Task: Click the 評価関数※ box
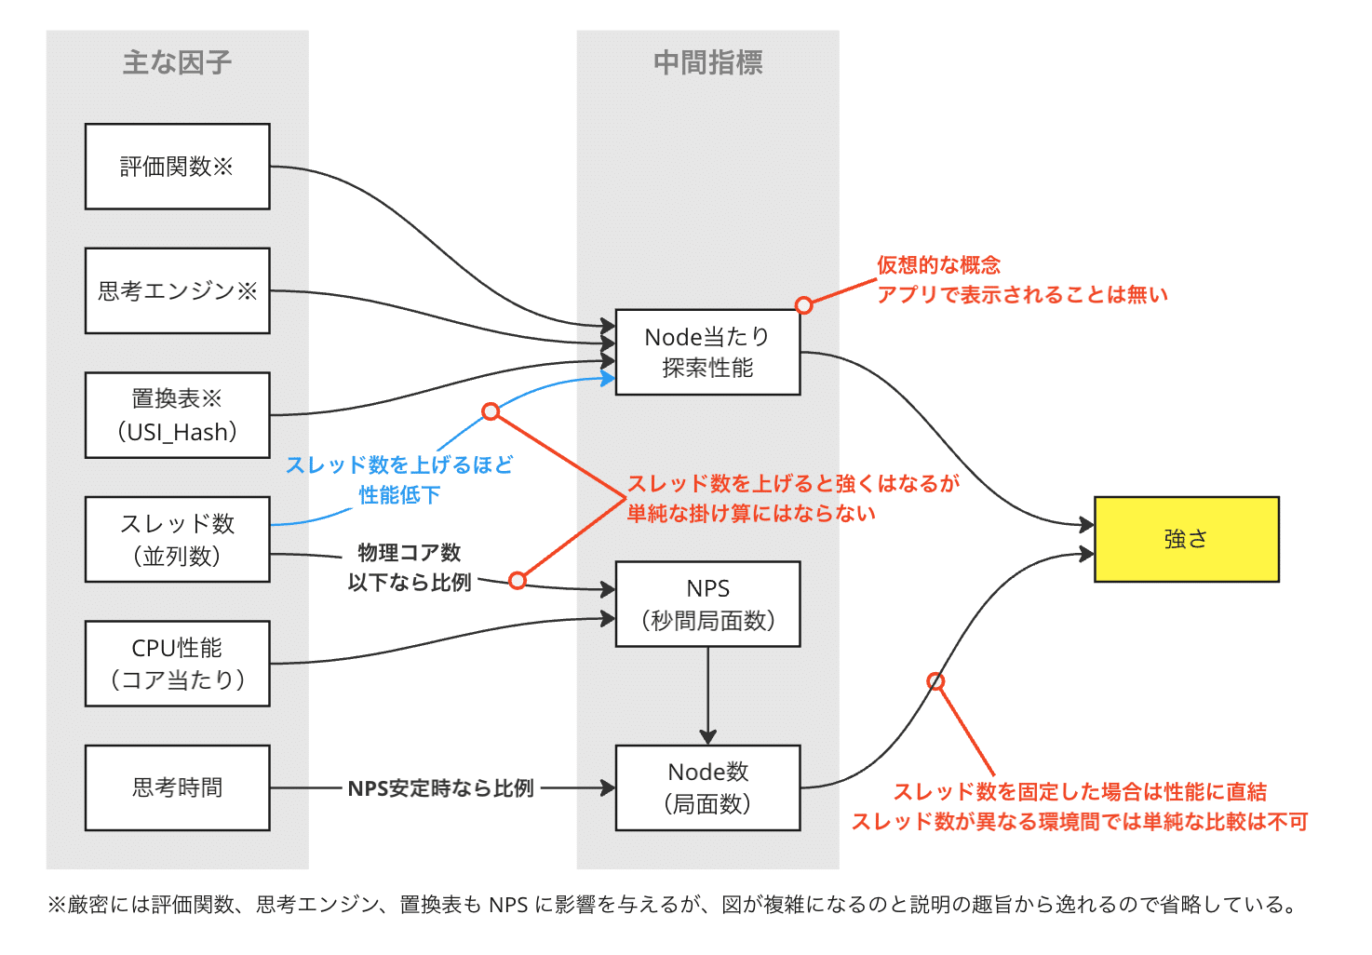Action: (177, 167)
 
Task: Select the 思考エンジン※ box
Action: (177, 290)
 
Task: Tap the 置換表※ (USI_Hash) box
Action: (177, 415)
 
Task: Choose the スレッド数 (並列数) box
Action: (177, 539)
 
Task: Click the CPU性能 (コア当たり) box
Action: (177, 664)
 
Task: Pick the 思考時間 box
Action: (177, 787)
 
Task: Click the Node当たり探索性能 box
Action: (707, 352)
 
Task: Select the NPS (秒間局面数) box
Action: (707, 604)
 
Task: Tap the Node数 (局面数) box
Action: (707, 787)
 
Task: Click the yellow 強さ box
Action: (1186, 539)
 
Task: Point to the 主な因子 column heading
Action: (177, 62)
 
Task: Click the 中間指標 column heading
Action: (707, 62)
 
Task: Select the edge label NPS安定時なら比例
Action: (440, 788)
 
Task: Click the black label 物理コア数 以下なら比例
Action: (410, 567)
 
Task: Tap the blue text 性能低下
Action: (399, 495)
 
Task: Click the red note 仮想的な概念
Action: (938, 265)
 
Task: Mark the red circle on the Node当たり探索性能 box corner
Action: (804, 305)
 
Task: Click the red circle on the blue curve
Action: (491, 411)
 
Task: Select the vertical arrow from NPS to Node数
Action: (708, 693)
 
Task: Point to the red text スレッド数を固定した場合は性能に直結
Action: (1080, 792)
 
